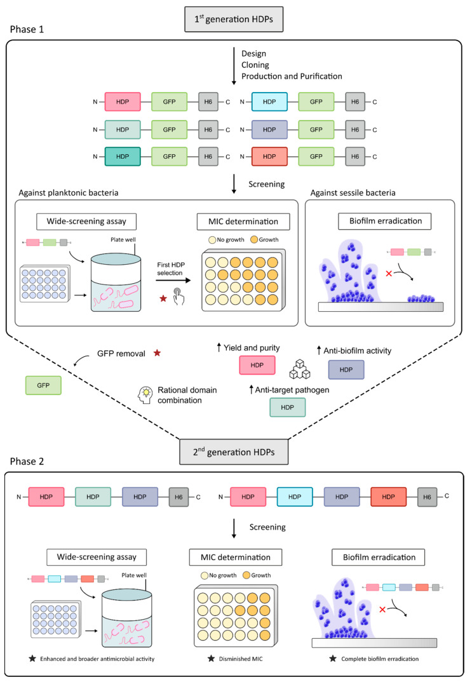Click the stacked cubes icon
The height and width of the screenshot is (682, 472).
299,368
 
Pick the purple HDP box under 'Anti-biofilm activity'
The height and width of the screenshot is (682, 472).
346,369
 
